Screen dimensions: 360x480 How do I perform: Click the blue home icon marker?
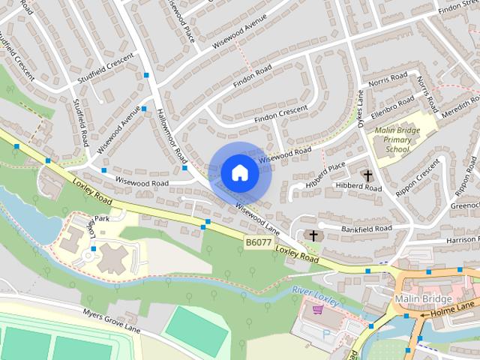point(239,172)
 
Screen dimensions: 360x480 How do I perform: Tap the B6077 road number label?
point(257,242)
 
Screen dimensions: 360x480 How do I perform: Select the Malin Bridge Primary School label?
point(397,139)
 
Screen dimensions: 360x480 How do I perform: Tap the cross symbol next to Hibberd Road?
point(367,176)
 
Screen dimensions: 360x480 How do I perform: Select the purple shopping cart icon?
point(318,309)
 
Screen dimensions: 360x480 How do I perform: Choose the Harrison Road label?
point(462,240)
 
